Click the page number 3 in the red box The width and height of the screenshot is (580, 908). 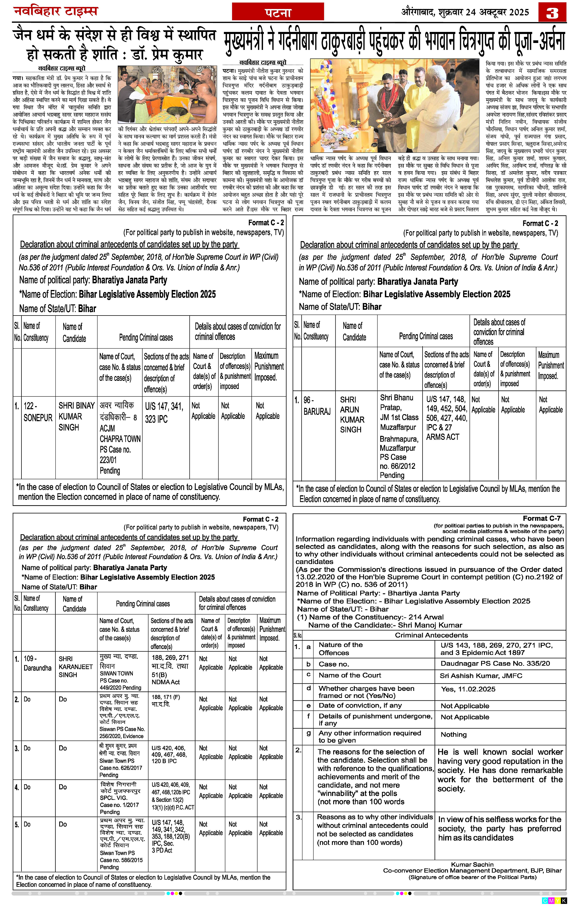[552, 12]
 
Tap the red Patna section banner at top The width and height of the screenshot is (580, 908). [278, 12]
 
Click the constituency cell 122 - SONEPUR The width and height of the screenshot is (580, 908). [38, 412]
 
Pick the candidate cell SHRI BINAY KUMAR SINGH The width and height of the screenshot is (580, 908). [76, 416]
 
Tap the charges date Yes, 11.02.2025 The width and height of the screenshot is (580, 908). [468, 689]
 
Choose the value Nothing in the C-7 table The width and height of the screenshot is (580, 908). [454, 734]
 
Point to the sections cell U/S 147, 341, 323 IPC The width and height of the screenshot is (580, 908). [164, 412]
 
